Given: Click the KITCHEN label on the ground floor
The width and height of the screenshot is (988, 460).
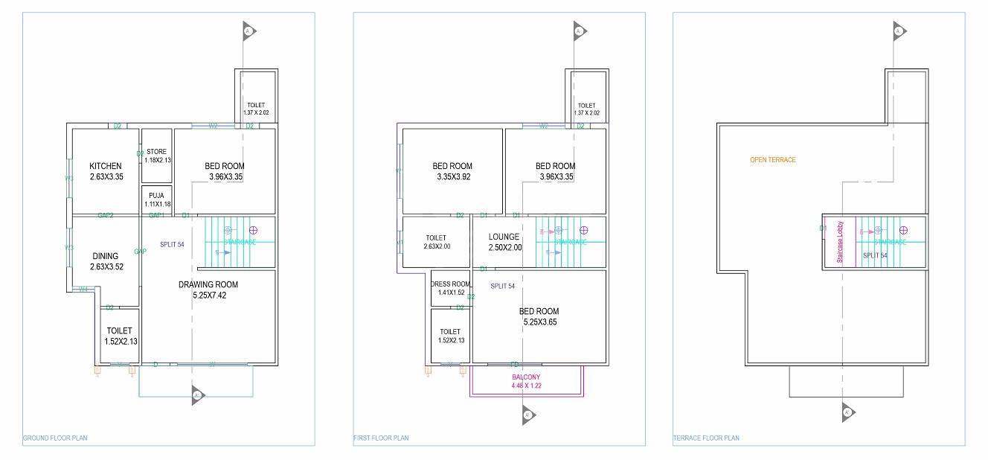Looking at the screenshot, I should point(105,166).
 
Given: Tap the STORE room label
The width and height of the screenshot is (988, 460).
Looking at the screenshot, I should point(157,152).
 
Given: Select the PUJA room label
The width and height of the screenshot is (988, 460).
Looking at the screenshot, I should point(156,196).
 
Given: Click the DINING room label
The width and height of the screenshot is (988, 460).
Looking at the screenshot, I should point(105,256).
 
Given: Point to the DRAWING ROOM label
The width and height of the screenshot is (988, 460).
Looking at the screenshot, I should point(208,284).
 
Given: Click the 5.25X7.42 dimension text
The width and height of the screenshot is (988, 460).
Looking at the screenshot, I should point(208,296).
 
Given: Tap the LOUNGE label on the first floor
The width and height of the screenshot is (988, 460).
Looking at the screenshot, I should point(504,237).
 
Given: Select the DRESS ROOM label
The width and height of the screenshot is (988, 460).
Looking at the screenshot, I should point(451,284).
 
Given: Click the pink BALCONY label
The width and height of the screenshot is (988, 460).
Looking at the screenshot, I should point(526,377).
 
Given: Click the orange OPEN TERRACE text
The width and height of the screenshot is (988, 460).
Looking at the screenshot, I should point(772,160).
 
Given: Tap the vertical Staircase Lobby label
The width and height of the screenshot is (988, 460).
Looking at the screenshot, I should point(840,242).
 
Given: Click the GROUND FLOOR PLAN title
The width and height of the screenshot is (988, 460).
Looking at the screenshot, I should point(55,438).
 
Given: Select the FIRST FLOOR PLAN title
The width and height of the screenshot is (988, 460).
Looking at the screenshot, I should point(381,438).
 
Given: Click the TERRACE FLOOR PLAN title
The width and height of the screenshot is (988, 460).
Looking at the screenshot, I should point(706,438).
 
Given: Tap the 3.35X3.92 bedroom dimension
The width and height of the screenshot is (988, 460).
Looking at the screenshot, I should point(452,177).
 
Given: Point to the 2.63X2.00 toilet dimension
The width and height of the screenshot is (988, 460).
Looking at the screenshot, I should point(437,246).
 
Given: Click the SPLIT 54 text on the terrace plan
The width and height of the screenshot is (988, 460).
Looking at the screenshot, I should point(875,255).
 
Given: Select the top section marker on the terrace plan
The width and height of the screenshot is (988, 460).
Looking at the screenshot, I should point(899,31).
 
